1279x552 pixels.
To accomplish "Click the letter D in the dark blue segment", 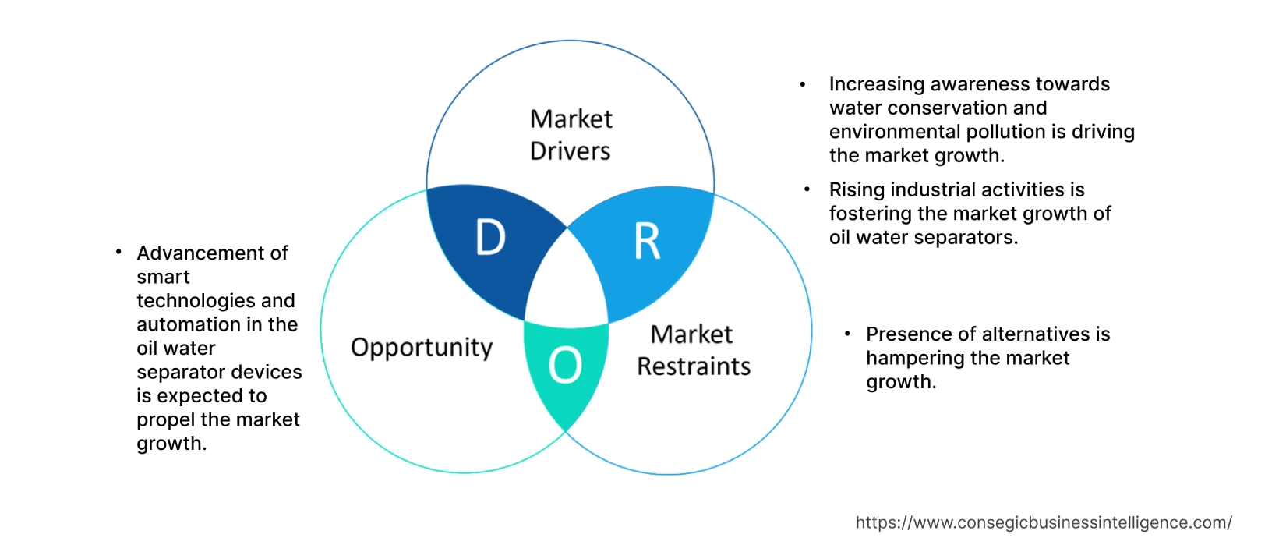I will coord(490,238).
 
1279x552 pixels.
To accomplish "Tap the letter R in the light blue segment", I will coord(647,242).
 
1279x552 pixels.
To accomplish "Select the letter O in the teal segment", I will coord(565,365).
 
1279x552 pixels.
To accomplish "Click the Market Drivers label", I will coord(571,135).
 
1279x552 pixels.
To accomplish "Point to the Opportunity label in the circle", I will coord(422,347).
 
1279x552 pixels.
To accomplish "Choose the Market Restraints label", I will coord(693,350).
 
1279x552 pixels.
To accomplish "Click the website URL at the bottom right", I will coord(1043,522).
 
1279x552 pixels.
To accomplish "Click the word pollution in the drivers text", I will coord(1001,132).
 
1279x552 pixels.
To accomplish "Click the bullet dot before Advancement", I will coord(118,252).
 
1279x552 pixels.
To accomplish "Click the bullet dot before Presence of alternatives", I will coord(848,334).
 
